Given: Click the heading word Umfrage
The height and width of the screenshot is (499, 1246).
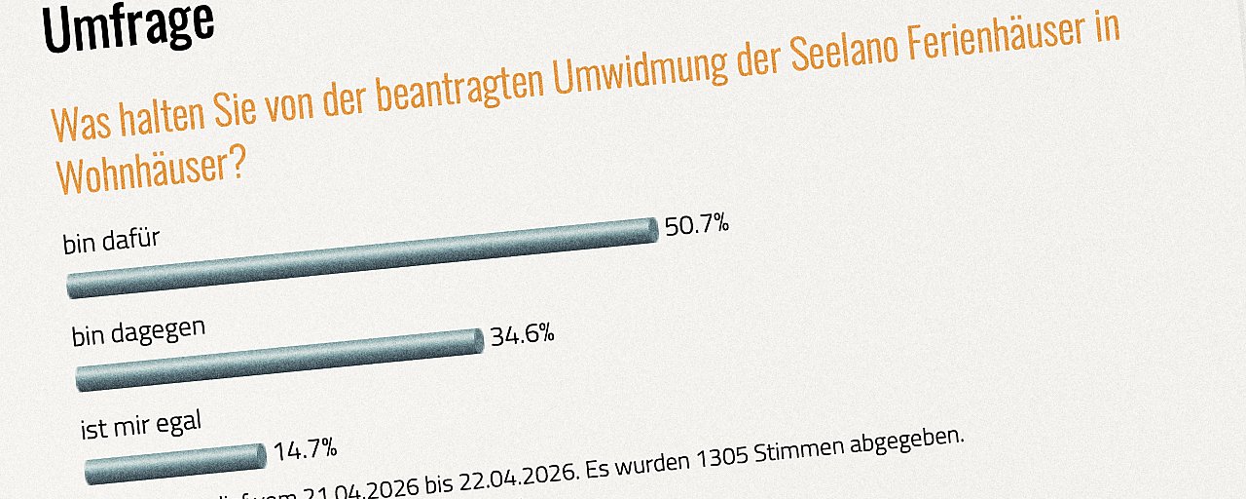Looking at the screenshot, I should point(128,26).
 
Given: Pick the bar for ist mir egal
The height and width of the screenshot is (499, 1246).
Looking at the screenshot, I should point(175,464).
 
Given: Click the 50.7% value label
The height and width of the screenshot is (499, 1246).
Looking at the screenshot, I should point(697,226).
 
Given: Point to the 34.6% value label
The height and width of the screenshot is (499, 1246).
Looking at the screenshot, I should point(522,335).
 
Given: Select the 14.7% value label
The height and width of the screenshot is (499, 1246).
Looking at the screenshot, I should point(306,450).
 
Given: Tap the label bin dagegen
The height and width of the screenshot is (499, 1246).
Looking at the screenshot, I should point(138,331).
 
